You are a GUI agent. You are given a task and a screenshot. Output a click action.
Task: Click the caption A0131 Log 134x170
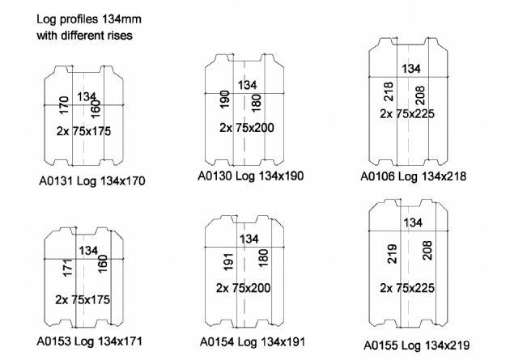point(92,180)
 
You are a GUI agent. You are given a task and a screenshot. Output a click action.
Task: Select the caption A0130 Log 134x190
point(251,176)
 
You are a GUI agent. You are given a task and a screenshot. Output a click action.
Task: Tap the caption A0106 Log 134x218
point(414,176)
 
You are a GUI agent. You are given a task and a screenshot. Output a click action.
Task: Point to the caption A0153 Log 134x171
point(89,341)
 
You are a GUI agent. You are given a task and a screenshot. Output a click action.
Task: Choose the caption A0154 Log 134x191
point(253,342)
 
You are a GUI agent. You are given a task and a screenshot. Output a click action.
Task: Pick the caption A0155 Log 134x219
point(417,345)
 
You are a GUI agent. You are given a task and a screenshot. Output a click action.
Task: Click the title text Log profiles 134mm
point(89,19)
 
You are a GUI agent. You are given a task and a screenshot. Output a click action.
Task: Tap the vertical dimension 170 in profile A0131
point(64,105)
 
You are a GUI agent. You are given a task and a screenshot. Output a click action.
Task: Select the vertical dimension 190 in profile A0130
point(225,100)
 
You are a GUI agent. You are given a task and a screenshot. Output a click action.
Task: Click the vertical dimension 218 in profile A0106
point(389,91)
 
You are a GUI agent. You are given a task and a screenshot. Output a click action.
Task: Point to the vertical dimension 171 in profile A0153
point(68,268)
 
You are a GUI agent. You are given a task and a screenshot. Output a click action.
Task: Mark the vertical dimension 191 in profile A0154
point(228,262)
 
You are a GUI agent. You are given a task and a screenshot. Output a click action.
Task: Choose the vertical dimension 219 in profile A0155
point(392,254)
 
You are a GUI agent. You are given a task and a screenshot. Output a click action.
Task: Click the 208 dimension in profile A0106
point(420,95)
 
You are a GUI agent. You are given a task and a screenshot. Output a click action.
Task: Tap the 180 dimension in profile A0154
point(263,258)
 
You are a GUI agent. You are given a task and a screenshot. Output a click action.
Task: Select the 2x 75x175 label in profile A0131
point(83,131)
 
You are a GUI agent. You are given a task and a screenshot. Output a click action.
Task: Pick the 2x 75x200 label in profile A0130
point(247,128)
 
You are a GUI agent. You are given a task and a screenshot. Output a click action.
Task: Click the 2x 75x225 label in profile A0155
point(407,288)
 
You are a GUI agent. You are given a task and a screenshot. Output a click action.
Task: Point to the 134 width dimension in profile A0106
point(411,69)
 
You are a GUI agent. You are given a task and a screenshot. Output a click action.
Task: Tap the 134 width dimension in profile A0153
point(88,251)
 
